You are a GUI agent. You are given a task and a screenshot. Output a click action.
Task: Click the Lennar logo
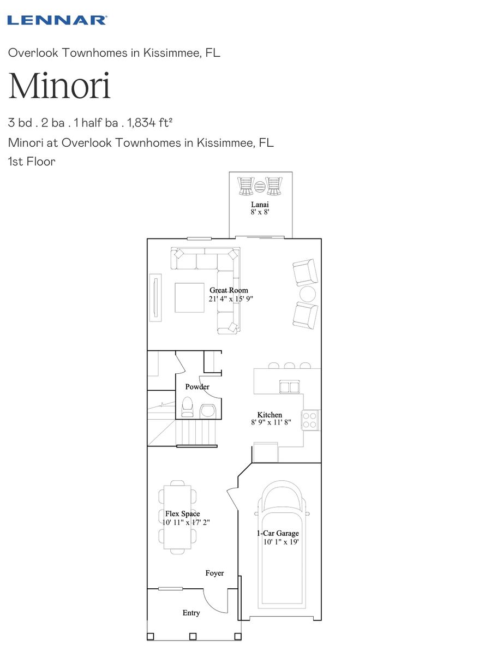coord(57,20)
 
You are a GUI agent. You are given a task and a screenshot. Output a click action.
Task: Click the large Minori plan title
coord(59,86)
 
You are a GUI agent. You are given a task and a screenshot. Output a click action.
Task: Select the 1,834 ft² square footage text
coord(150,123)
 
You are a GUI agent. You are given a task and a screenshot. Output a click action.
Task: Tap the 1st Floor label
coord(32,162)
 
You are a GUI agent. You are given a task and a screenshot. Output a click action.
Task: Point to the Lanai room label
coord(260,205)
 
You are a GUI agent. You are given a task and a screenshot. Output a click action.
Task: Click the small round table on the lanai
coord(260,187)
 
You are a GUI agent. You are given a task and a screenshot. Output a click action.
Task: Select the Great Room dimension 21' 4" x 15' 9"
coord(231,298)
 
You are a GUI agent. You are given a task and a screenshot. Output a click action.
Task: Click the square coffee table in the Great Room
coord(189,298)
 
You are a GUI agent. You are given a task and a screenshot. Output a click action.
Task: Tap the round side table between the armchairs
coord(308,294)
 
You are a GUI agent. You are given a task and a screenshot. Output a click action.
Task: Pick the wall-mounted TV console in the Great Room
coord(155,298)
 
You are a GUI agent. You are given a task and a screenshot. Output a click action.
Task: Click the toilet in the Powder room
coord(187,407)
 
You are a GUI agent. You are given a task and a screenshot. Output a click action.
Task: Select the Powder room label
coord(197,386)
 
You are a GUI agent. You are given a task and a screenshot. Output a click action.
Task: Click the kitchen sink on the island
coord(289,386)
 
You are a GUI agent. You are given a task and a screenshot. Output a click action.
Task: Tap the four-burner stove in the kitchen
coord(310,420)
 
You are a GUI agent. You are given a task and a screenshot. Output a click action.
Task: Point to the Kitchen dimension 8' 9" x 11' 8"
coord(271,422)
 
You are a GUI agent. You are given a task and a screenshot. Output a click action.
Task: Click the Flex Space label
coord(183,514)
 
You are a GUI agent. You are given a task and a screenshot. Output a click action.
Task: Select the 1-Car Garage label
coord(278,533)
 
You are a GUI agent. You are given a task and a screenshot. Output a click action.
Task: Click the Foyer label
coord(214,573)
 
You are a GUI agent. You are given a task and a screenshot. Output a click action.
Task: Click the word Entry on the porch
coord(191,613)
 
